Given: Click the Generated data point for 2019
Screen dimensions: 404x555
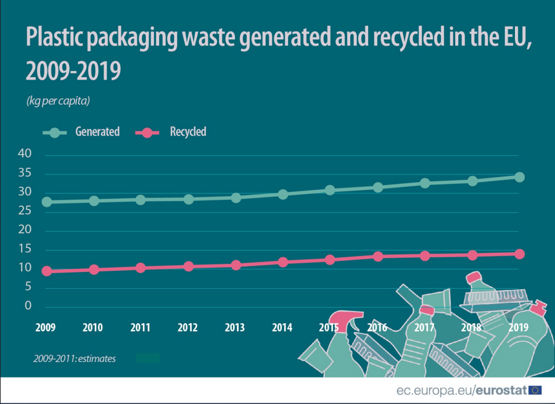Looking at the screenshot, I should (x=519, y=177).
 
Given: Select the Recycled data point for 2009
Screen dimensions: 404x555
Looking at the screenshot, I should (x=46, y=271).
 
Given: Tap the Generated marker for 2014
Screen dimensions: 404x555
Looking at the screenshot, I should (x=283, y=194).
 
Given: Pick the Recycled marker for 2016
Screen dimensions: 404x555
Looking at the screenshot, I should (x=378, y=256).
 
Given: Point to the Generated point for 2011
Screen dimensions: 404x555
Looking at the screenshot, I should (x=141, y=199).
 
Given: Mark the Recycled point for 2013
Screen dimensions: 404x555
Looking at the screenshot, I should (x=236, y=265).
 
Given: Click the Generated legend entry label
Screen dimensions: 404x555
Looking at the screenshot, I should (x=97, y=131).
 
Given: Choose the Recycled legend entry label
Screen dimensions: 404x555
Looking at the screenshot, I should (x=187, y=131).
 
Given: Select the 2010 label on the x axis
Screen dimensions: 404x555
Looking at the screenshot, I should (x=93, y=327).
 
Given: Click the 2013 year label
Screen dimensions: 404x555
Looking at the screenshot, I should (x=235, y=327).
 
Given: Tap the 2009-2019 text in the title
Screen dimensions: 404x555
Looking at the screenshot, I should (x=73, y=72).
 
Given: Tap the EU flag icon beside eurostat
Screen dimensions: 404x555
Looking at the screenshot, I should (x=535, y=390).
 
